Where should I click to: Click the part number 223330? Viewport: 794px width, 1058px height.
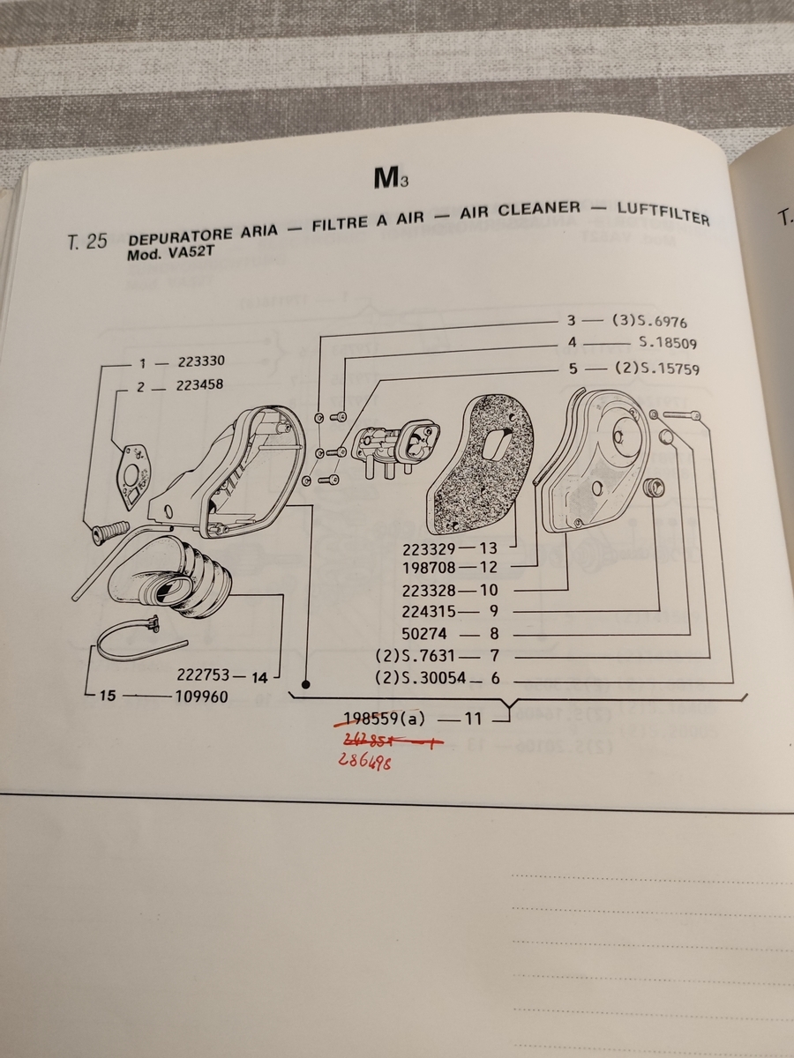click(200, 361)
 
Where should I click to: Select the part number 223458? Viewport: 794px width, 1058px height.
click(198, 385)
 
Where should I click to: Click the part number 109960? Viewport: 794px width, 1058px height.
click(203, 697)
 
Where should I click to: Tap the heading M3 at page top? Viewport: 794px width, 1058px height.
click(389, 179)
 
